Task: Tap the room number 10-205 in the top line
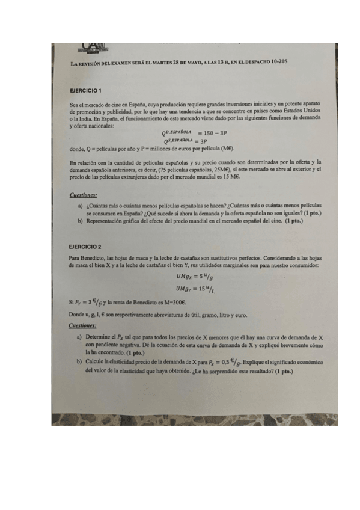click(277, 63)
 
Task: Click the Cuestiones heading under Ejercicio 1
click(83, 195)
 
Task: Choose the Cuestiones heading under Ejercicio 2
click(83, 326)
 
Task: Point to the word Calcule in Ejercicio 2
click(97, 363)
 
